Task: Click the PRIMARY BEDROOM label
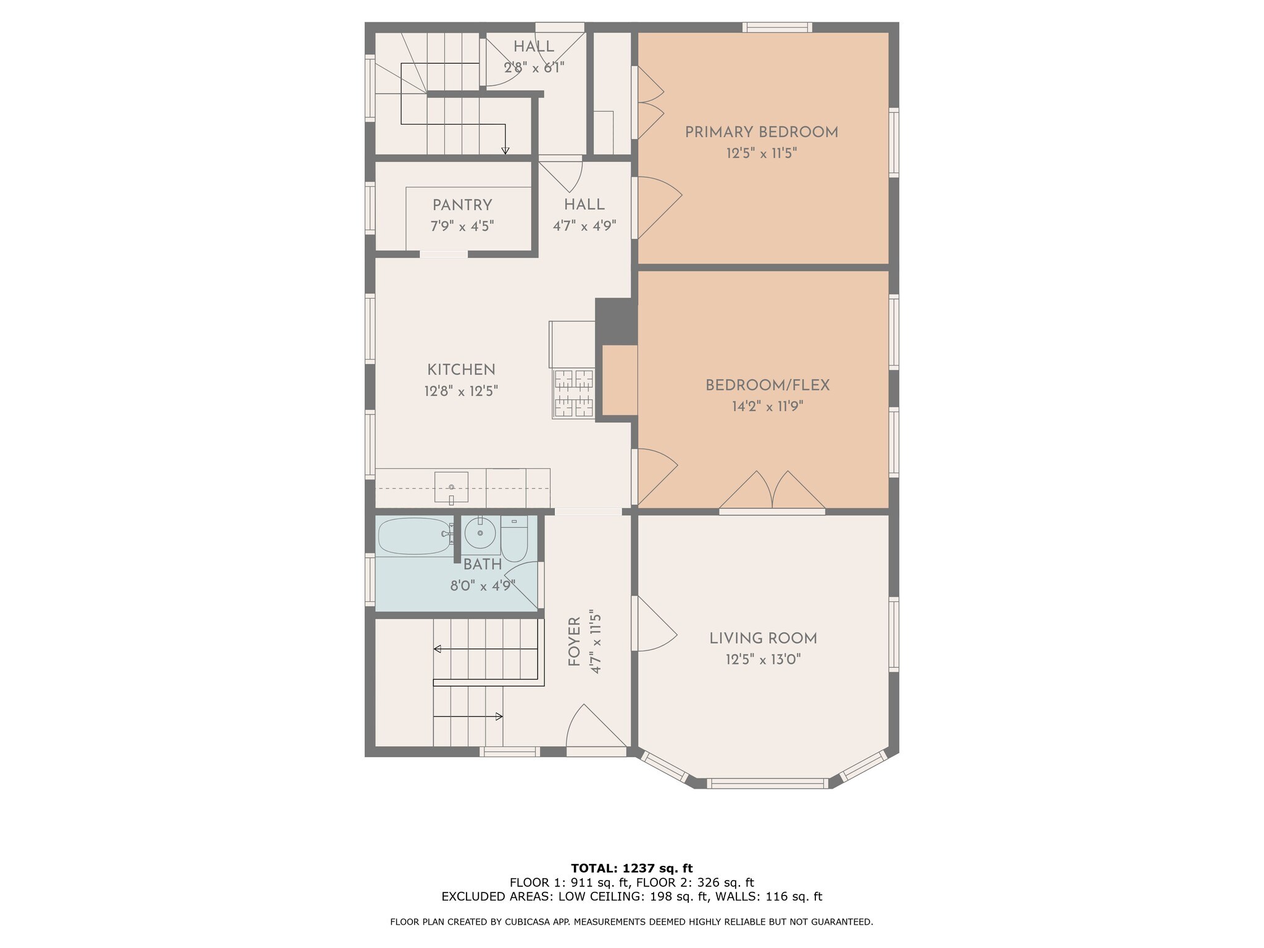pos(762,132)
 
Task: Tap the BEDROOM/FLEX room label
pos(767,386)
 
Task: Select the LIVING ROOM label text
pos(763,639)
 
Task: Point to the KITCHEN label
pos(461,370)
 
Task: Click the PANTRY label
pos(462,205)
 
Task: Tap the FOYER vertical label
pos(575,642)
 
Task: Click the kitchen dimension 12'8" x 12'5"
pos(461,391)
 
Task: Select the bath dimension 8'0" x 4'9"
pos(483,586)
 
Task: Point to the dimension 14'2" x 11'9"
pos(767,407)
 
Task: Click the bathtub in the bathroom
pos(415,536)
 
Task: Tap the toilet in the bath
pos(514,539)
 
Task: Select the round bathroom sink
pos(480,533)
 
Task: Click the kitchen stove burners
pos(574,394)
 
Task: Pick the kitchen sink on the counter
pos(451,487)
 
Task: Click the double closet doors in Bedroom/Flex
pos(772,491)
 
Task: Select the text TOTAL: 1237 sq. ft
pos(632,869)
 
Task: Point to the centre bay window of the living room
pos(767,783)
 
